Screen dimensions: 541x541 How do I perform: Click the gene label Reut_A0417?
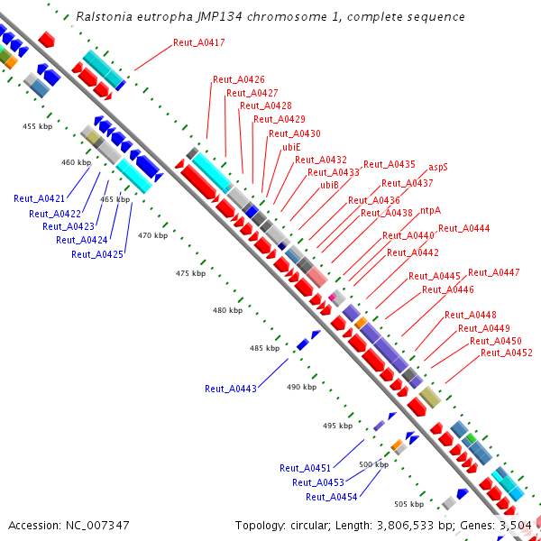pyautogui.click(x=199, y=43)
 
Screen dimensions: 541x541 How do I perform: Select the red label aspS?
pyautogui.click(x=438, y=167)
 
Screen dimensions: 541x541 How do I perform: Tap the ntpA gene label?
pyautogui.click(x=431, y=211)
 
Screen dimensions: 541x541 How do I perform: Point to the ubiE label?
pyautogui.click(x=291, y=146)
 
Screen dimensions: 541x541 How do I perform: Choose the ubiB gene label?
pyautogui.click(x=330, y=185)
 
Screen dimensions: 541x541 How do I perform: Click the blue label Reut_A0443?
pyautogui.click(x=231, y=389)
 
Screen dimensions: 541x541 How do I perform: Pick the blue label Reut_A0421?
pyautogui.click(x=40, y=198)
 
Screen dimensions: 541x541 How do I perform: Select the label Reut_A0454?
pyautogui.click(x=331, y=497)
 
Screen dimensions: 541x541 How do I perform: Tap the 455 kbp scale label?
pyautogui.click(x=37, y=127)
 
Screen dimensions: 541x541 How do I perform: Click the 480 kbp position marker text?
pyautogui.click(x=227, y=310)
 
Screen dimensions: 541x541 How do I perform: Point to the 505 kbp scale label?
pyautogui.click(x=409, y=504)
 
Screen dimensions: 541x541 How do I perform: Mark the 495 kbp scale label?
pyautogui.click(x=337, y=426)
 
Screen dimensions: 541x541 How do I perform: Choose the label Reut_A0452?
pyautogui.click(x=507, y=353)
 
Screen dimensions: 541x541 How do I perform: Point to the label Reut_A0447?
pyautogui.click(x=493, y=272)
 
